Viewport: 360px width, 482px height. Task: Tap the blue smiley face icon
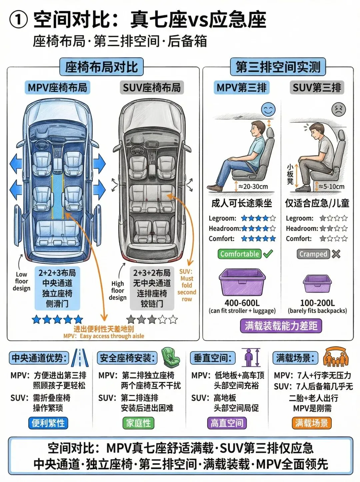tap(268, 109)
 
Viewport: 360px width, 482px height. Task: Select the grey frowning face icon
tap(338, 109)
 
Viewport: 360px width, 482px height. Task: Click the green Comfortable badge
tap(239, 254)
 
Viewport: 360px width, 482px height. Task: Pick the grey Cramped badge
tap(313, 254)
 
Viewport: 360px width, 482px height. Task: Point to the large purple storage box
tap(242, 282)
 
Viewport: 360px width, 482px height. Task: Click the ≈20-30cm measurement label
tap(253, 187)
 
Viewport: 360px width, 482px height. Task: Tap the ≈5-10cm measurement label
tap(331, 187)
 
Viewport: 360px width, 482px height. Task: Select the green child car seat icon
tap(170, 357)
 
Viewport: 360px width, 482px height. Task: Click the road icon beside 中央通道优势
tap(80, 358)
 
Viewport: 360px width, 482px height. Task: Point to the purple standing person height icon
tap(251, 357)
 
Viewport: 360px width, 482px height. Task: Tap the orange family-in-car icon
tap(336, 357)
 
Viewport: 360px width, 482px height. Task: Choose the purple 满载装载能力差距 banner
tap(281, 326)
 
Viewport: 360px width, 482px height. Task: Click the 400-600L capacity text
tap(242, 303)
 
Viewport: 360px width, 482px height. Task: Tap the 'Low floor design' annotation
tap(22, 281)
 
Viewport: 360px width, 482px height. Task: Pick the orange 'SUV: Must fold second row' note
tap(187, 285)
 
